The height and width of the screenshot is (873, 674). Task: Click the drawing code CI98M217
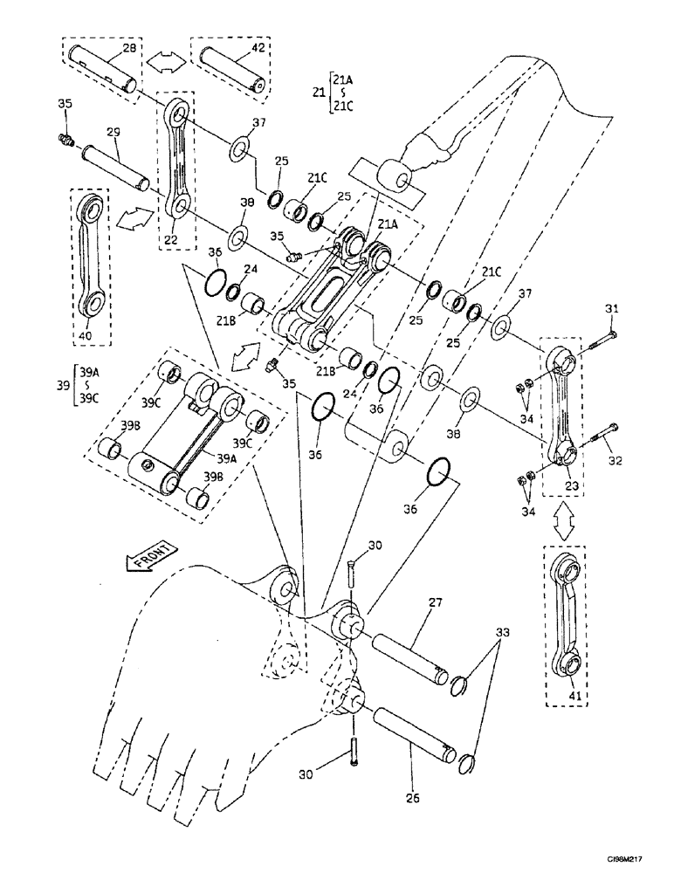[x=632, y=860]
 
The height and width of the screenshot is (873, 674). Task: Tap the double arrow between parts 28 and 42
[x=164, y=63]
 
